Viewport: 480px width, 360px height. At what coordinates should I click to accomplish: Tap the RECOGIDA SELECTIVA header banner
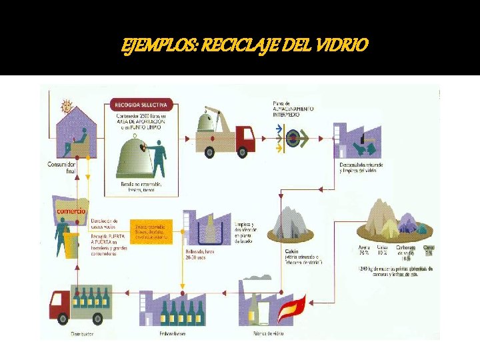[143, 105]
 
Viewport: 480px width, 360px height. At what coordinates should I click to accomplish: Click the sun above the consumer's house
[65, 106]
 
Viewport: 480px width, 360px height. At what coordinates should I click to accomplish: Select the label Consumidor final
[61, 167]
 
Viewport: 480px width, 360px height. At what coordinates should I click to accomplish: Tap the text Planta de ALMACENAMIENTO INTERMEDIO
[293, 109]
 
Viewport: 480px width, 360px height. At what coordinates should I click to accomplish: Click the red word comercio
[71, 211]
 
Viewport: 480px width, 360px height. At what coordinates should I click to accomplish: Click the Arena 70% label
[364, 251]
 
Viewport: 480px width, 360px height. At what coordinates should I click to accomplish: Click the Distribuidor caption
[80, 333]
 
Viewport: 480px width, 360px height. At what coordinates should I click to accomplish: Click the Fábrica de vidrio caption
[269, 333]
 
